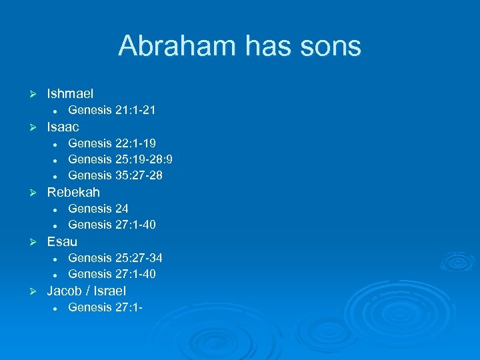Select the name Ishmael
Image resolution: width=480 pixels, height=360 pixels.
point(70,94)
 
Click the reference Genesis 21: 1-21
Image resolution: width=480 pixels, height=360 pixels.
point(112,110)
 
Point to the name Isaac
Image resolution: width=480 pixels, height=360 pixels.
point(63,127)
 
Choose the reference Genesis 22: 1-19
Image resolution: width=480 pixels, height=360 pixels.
point(112,143)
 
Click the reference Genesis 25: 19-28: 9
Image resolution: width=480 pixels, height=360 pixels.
point(121,159)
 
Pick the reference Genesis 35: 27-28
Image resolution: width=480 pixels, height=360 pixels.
point(115,175)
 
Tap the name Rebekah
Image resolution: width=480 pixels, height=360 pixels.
point(73,192)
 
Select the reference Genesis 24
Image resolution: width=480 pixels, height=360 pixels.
point(99,209)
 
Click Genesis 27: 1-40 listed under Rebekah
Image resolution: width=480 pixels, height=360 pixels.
point(112,225)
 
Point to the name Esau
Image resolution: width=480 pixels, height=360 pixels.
point(62,241)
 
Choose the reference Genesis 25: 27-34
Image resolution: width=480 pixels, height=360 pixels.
point(115,257)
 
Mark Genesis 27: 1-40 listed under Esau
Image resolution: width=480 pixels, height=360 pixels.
point(112,274)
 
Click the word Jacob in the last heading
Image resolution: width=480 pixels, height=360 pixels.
point(65,291)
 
